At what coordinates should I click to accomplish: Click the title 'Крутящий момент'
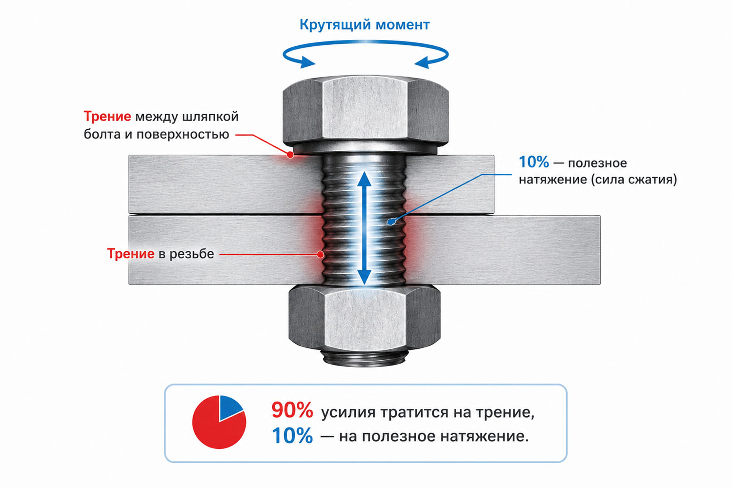pyautogui.click(x=365, y=25)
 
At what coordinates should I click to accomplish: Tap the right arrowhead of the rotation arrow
pyautogui.click(x=422, y=62)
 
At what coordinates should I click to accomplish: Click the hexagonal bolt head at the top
pyautogui.click(x=366, y=113)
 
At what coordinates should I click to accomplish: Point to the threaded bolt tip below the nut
pyautogui.click(x=365, y=358)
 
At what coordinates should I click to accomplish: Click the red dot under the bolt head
pyautogui.click(x=290, y=155)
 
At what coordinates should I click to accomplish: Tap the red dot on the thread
pyautogui.click(x=321, y=254)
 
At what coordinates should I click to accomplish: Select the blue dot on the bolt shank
pyautogui.click(x=391, y=222)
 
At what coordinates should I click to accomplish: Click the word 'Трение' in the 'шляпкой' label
pyautogui.click(x=107, y=116)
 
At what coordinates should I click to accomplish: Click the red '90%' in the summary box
pyautogui.click(x=292, y=410)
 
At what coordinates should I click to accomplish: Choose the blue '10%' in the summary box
pyautogui.click(x=292, y=436)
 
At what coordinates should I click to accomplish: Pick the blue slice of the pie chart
pyautogui.click(x=229, y=407)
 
